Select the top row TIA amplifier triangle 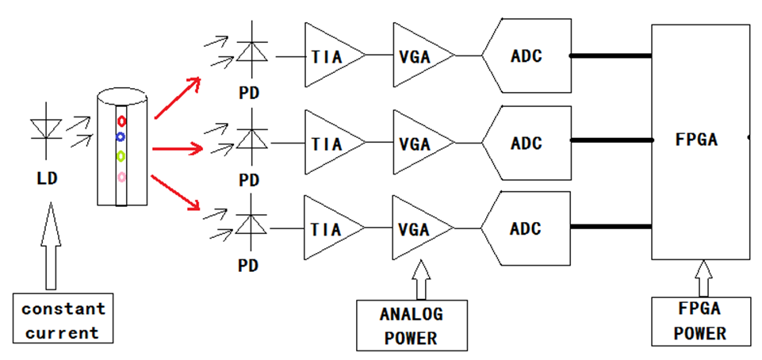tap(329, 55)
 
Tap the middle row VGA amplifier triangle tap(418, 144)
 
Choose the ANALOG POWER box tap(410, 325)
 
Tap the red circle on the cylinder tap(121, 121)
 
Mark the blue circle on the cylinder tap(121, 136)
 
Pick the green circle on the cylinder tap(121, 155)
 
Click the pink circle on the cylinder tap(121, 176)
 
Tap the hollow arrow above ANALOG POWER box tap(420, 279)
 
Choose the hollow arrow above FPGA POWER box tap(702, 278)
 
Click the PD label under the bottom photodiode tap(249, 266)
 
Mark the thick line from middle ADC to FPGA tap(611, 144)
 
